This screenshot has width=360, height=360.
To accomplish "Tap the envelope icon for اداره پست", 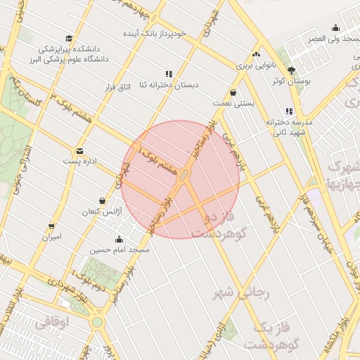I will click(79, 151).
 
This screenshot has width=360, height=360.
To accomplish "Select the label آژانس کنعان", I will click(103, 212).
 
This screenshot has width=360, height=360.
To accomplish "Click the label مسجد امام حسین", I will click(120, 250).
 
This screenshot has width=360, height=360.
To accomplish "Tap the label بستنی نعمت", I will click(233, 103).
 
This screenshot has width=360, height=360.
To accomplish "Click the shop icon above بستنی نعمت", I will click(233, 92).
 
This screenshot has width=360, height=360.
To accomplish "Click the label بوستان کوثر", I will click(291, 82).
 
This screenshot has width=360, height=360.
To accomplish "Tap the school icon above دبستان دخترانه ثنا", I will click(168, 74).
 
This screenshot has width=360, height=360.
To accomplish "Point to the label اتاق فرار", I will click(119, 88).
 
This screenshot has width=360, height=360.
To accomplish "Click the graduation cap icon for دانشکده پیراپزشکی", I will click(69, 39).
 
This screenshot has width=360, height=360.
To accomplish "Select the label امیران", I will click(52, 237).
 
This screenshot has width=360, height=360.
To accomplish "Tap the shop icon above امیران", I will click(52, 226).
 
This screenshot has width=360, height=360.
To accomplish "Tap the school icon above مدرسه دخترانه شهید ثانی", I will click(289, 111).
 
